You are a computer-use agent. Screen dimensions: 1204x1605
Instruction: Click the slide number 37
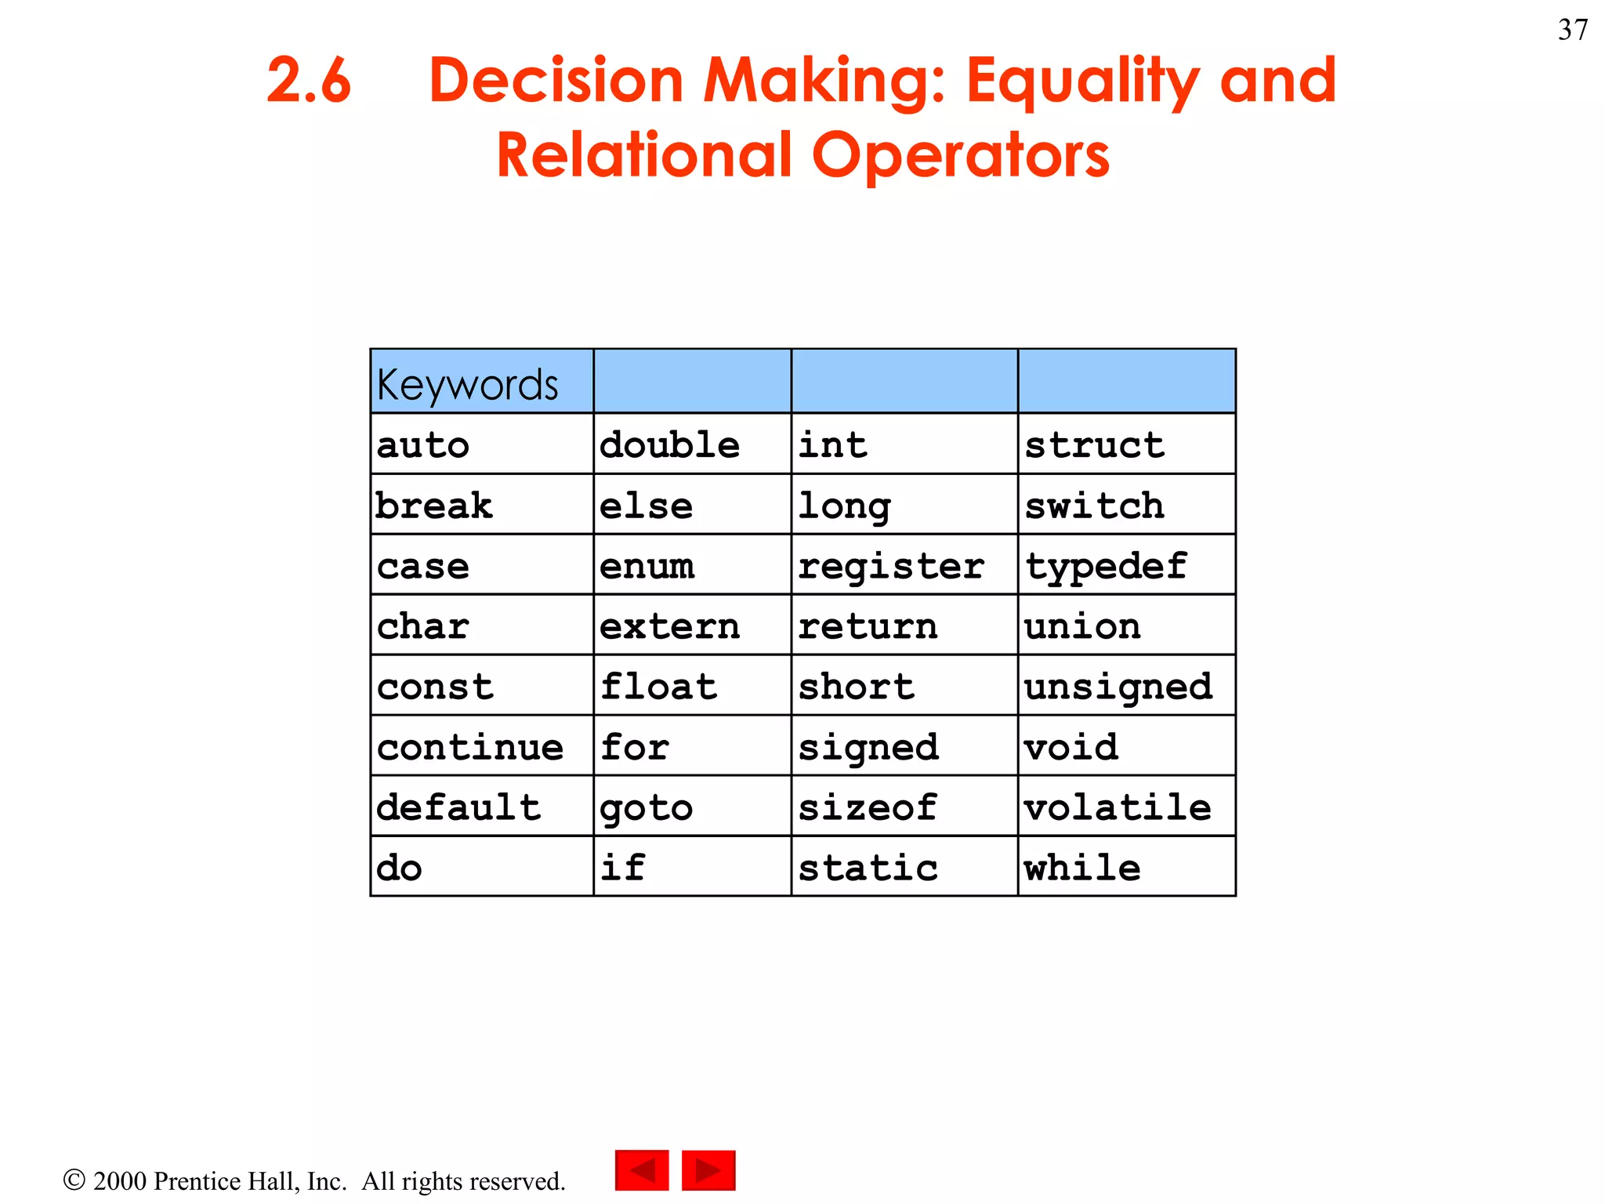coord(1572,30)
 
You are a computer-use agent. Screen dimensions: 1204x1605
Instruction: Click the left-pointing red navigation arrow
coord(642,1170)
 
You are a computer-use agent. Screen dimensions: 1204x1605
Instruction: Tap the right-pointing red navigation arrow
coord(708,1170)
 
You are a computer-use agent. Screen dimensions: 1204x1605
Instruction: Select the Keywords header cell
coord(481,382)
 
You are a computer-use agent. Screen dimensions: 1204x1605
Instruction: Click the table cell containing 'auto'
coord(481,444)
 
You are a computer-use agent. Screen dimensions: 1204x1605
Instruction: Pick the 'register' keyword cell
coord(904,565)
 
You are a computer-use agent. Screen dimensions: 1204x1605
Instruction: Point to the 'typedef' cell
coord(1126,565)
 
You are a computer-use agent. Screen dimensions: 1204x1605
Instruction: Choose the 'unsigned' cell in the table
coord(1126,687)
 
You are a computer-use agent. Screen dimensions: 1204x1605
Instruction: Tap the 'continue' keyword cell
coord(481,746)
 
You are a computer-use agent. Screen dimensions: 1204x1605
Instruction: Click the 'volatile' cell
coord(1126,807)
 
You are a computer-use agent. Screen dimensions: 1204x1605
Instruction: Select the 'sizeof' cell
coord(904,807)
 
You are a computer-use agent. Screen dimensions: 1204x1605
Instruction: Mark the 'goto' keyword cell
coord(692,807)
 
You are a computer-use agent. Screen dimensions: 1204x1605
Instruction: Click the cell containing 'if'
coord(692,867)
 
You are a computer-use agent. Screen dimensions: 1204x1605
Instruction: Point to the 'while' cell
coord(1126,867)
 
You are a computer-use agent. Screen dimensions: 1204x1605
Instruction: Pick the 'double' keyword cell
coord(692,444)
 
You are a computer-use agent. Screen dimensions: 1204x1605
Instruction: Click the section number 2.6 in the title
coord(309,81)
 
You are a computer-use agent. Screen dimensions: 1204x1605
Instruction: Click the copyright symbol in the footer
coord(74,1180)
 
